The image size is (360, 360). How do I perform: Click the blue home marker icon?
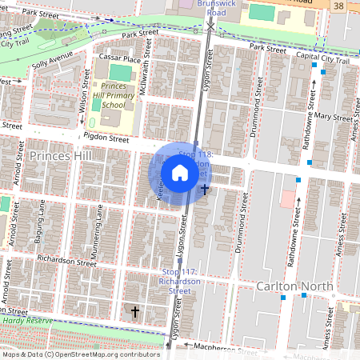pos(180,173)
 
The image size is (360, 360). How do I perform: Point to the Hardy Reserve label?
pos(23,320)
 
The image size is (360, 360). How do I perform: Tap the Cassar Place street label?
pos(119,59)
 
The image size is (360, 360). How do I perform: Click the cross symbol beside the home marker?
pos(206,190)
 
